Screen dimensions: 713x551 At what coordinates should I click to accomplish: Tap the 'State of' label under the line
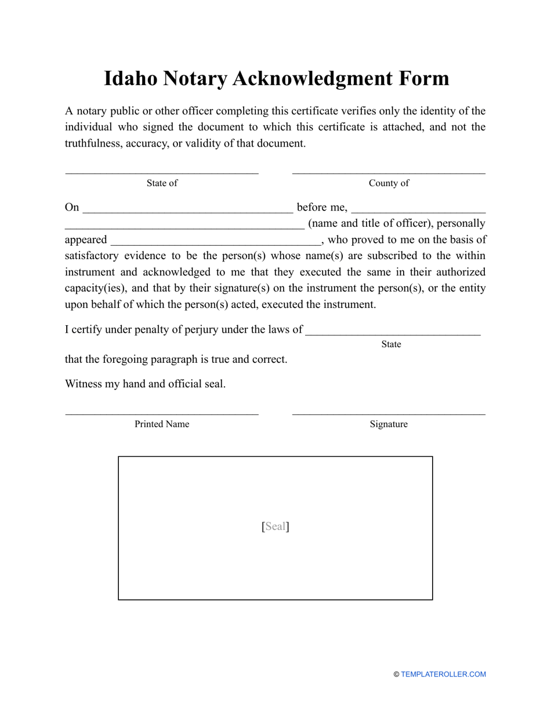pyautogui.click(x=162, y=183)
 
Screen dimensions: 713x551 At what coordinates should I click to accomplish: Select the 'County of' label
pyautogui.click(x=389, y=183)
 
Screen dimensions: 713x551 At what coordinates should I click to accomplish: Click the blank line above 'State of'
pyautogui.click(x=162, y=173)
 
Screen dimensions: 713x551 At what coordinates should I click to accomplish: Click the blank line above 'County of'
pyautogui.click(x=389, y=173)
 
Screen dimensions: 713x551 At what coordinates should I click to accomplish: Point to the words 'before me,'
pyautogui.click(x=322, y=208)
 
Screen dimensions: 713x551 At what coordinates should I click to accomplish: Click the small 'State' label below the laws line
pyautogui.click(x=391, y=344)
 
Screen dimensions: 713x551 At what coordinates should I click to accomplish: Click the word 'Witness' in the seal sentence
pyautogui.click(x=83, y=384)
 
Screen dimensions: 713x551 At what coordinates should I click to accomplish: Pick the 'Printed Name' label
pyautogui.click(x=162, y=424)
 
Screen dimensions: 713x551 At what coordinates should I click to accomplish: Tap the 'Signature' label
pyautogui.click(x=389, y=424)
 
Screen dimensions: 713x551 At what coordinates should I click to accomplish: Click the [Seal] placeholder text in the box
pyautogui.click(x=275, y=526)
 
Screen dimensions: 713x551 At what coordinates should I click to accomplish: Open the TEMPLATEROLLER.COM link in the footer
pyautogui.click(x=443, y=674)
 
